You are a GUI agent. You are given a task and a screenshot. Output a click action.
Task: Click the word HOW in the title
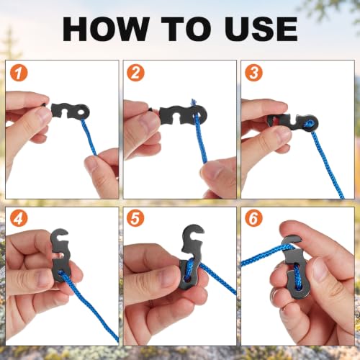106,30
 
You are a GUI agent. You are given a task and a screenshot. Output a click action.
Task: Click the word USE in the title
261,30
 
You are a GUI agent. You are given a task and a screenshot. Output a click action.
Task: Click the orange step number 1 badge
19,73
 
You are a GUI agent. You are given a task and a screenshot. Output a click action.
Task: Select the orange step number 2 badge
135,73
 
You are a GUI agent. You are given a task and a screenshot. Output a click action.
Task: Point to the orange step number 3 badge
253,73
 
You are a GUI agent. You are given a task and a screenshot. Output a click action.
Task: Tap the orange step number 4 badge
19,218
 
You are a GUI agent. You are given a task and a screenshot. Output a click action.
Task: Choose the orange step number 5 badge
135,218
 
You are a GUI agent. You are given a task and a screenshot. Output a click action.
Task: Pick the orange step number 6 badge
253,218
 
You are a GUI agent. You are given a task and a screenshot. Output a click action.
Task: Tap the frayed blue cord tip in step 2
193,102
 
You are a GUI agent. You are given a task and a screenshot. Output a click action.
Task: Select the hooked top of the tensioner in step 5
193,233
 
